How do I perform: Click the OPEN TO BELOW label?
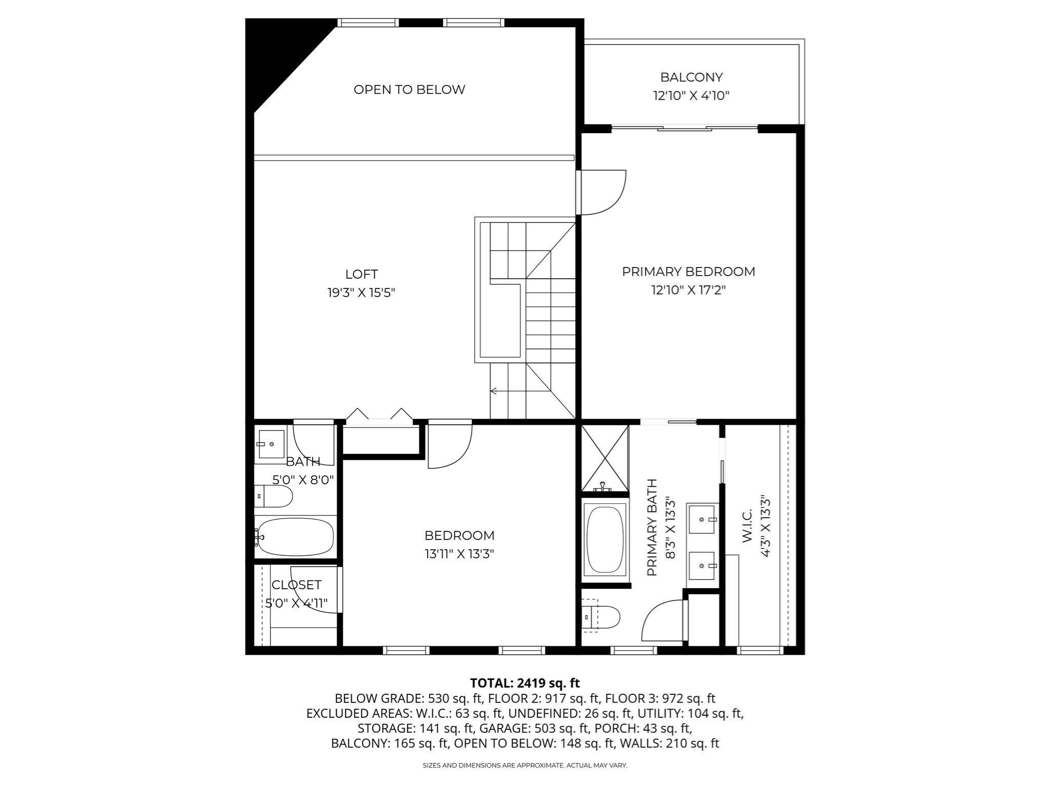pos(409,90)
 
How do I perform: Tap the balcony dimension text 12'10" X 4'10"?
pos(691,96)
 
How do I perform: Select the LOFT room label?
pos(361,274)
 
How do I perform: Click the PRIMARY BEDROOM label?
pos(688,272)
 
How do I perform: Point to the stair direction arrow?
pos(494,391)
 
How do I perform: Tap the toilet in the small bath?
pos(274,496)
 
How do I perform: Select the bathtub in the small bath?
pos(295,537)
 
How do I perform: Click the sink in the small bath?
pos(271,444)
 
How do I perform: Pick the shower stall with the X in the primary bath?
pos(604,457)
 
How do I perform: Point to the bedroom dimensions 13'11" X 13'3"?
pos(459,554)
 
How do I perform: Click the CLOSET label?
pos(296,585)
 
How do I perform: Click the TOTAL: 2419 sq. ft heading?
pos(524,683)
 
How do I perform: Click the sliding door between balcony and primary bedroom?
pos(684,128)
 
